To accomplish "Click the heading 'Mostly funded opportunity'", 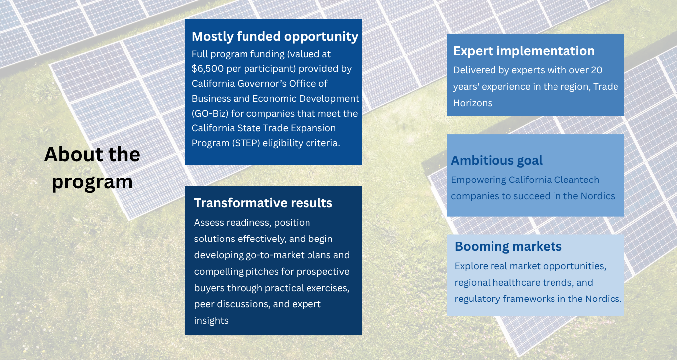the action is click(x=275, y=37).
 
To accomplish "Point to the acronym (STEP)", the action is click(x=246, y=143).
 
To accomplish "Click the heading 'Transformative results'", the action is click(x=263, y=203).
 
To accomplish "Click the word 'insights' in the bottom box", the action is click(x=211, y=320).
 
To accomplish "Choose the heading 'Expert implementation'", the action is click(x=524, y=51).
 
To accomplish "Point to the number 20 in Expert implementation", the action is click(x=596, y=70).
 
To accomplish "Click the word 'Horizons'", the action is click(x=473, y=103).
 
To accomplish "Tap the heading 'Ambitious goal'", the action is click(x=496, y=160).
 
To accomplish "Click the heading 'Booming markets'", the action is click(x=508, y=246).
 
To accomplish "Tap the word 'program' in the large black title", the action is click(x=92, y=182).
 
